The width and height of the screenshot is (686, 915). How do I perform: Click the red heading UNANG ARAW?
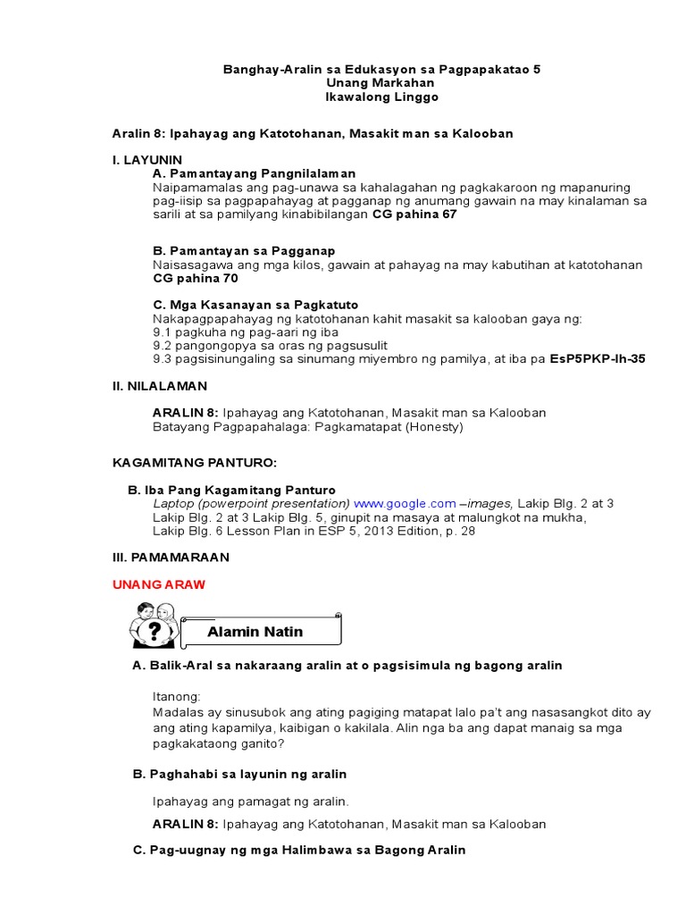(x=158, y=584)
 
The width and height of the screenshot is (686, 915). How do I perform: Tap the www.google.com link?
(x=405, y=503)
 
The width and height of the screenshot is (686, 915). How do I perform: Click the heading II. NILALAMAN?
(x=159, y=385)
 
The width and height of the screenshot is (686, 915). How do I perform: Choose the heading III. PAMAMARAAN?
(x=171, y=557)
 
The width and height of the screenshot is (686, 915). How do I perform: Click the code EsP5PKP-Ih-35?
(x=598, y=358)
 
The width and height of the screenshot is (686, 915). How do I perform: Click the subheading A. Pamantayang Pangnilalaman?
(x=255, y=172)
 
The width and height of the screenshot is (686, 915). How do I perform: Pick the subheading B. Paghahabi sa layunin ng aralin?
(x=239, y=773)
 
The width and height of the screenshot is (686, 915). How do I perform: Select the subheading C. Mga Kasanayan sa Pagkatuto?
(x=255, y=305)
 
